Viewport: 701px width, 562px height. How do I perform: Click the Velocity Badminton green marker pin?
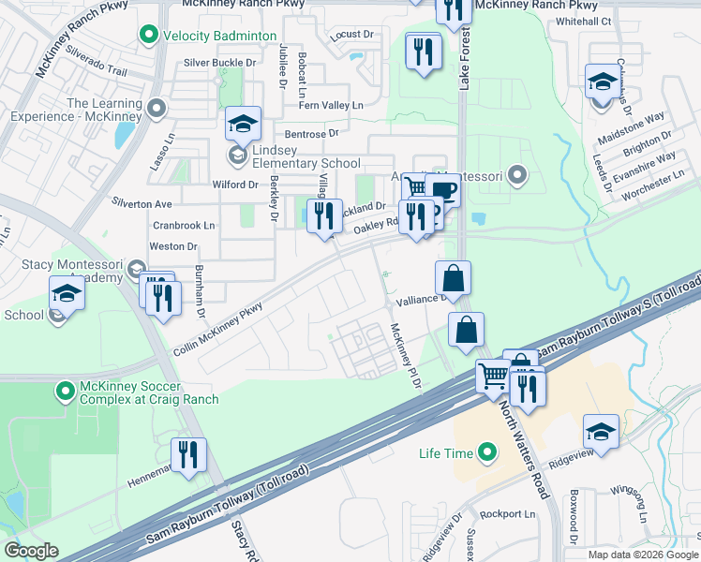[x=147, y=36]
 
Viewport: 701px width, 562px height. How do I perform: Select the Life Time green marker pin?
[x=486, y=453]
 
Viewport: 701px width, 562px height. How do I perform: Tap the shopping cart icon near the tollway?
[x=493, y=375]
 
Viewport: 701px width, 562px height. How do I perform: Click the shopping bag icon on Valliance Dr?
[x=454, y=277]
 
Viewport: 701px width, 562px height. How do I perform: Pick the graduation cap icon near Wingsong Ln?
[x=601, y=431]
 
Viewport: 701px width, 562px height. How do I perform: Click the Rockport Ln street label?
[x=507, y=514]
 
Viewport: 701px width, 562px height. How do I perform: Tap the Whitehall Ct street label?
[x=583, y=21]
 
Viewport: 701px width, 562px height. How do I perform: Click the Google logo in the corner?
[x=32, y=551]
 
